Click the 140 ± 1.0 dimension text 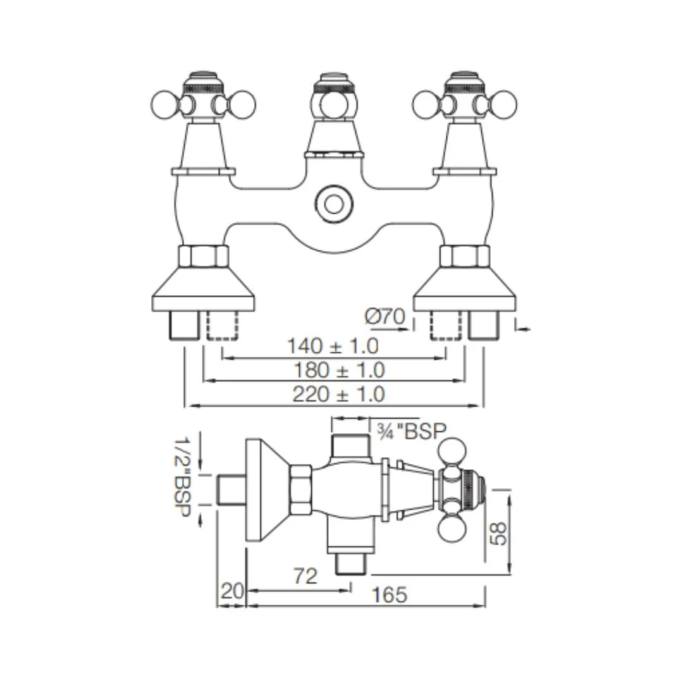pos(332,345)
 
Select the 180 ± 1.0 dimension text pos(338,369)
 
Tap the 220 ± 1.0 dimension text pos(338,394)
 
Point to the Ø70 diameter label pos(385,316)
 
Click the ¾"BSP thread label pos(412,431)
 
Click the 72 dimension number pos(306,575)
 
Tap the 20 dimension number pos(231,593)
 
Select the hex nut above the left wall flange pos(203,255)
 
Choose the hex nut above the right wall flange pos(464,255)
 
